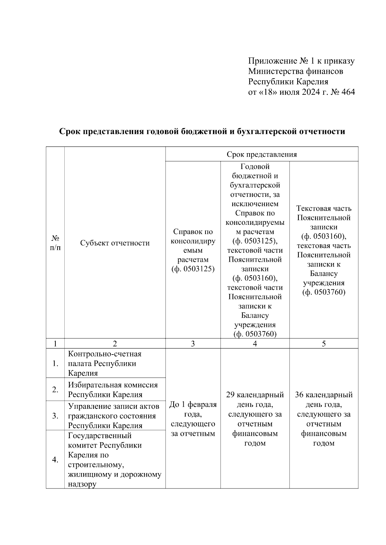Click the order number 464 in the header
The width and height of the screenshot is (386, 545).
click(x=347, y=92)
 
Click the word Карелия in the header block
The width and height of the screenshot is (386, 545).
click(x=312, y=82)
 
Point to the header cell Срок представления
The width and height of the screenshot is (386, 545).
click(x=262, y=154)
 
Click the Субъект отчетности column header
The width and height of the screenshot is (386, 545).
click(x=115, y=243)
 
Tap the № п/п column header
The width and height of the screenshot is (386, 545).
click(x=55, y=243)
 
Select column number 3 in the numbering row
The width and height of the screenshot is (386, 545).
click(x=193, y=344)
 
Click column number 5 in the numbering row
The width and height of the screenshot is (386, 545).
click(x=324, y=344)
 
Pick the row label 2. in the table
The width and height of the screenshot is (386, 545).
click(x=55, y=390)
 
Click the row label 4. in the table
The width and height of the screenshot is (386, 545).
click(x=55, y=460)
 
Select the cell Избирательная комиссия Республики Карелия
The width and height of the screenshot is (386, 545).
click(x=113, y=390)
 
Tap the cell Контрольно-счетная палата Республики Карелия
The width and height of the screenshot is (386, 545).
click(x=105, y=363)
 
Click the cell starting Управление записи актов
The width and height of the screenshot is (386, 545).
click(x=114, y=416)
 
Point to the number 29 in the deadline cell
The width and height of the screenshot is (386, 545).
click(x=230, y=395)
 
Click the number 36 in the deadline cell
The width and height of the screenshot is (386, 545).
click(x=299, y=395)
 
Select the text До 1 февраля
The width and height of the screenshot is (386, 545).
click(x=193, y=404)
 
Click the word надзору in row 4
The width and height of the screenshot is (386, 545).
click(x=82, y=484)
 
